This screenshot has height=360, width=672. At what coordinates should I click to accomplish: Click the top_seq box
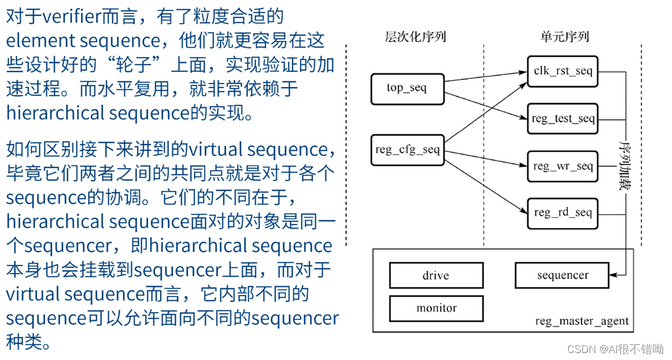pos(407,89)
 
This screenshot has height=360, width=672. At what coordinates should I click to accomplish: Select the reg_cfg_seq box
pos(407,150)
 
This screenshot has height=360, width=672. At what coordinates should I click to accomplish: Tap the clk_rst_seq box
pos(563,71)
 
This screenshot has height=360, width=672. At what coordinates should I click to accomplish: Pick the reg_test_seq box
pos(563,119)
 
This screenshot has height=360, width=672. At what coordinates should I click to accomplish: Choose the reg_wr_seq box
pos(563,166)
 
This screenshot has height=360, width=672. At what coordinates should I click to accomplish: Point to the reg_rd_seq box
pos(563,213)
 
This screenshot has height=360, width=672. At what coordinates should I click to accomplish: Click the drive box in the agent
pos(436,275)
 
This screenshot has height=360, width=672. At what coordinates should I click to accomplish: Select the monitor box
pos(436,308)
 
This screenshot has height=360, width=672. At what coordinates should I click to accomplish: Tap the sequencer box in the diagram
pos(562,275)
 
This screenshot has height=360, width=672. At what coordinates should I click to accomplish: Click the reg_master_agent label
pos(582,321)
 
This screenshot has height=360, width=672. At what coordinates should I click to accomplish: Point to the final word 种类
pos(25,342)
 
